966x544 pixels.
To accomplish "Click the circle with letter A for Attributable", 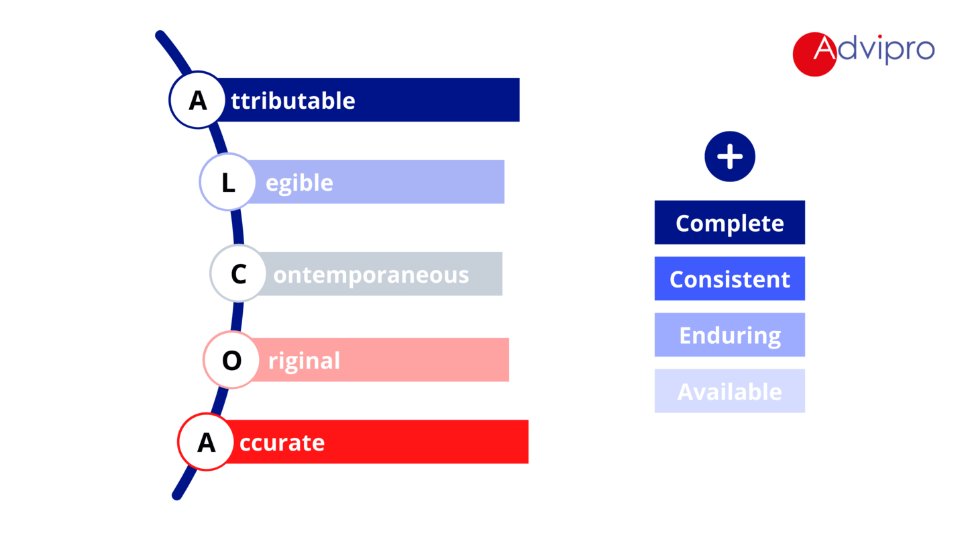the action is point(197,99).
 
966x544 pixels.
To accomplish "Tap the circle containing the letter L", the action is point(227,182).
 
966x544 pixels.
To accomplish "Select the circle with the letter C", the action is point(238,273).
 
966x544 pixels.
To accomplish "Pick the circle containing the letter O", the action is point(231,360).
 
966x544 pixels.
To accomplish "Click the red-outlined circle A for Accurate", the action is point(206,442).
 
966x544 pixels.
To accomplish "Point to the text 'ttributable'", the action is point(292,101).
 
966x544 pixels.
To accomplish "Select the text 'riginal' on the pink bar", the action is point(304,361).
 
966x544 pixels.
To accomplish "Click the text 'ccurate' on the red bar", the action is point(282,443).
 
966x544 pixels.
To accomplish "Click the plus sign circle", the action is point(730,156).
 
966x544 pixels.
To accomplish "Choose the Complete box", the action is point(730,222).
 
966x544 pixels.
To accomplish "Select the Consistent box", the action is point(730,279).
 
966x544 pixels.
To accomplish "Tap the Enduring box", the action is point(730,334).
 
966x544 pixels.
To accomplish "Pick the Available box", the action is point(730,391).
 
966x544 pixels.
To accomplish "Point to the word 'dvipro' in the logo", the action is point(885,50).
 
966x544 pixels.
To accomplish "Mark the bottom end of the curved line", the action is point(177,495).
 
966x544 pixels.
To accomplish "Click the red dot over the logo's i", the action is point(879,37).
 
